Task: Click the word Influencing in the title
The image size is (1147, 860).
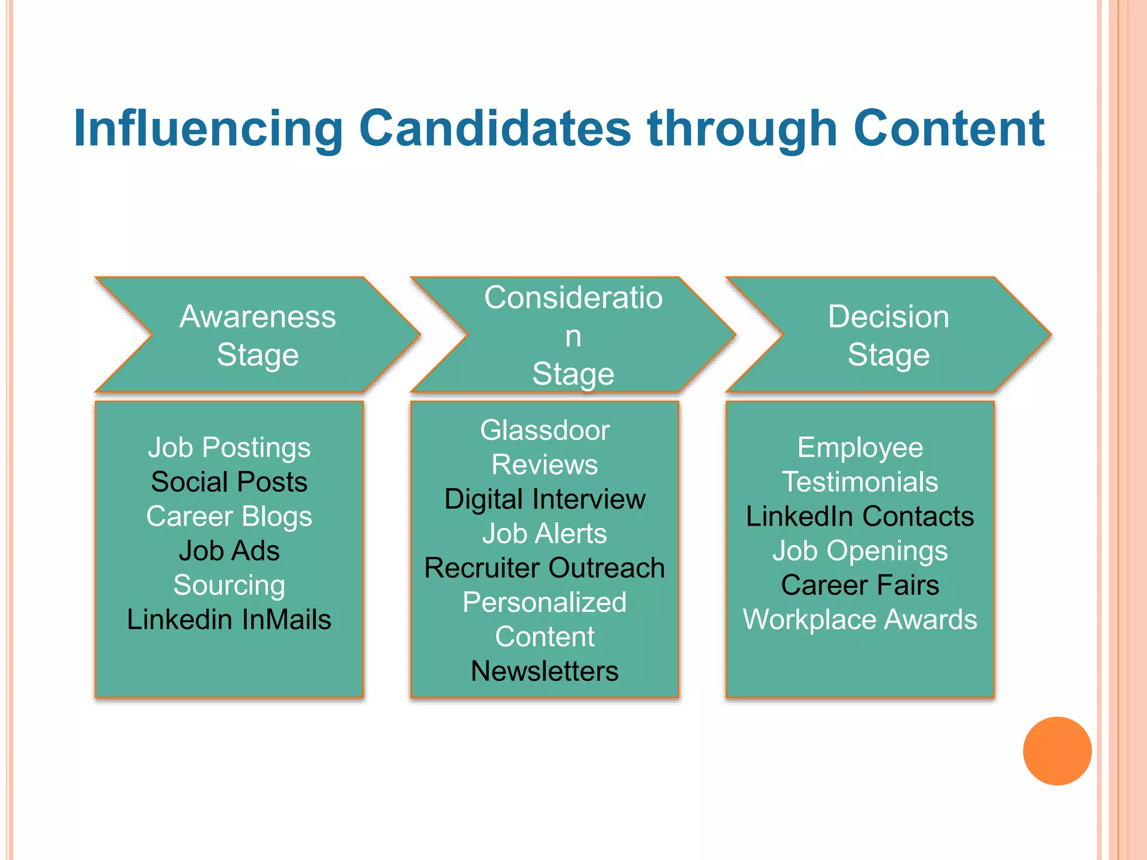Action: tap(208, 129)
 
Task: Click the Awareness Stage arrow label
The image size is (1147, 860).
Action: tap(258, 335)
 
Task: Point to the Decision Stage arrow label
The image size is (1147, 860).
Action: tap(888, 335)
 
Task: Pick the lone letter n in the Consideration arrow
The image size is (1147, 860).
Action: tap(573, 336)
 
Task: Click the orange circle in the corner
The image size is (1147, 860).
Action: tap(1057, 751)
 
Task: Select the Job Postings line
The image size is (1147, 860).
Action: tap(229, 447)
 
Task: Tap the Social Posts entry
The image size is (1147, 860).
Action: tap(229, 482)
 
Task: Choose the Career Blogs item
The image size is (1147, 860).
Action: tap(229, 516)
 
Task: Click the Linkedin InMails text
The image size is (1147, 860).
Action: tap(229, 620)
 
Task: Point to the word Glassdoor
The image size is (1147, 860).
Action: tap(544, 431)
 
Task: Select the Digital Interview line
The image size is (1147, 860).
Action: tap(544, 499)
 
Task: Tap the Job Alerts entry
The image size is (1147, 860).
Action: tap(544, 534)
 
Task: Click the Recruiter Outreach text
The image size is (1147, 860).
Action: tap(544, 568)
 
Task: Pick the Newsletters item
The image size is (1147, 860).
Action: tap(544, 671)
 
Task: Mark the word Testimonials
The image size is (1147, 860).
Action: tap(860, 482)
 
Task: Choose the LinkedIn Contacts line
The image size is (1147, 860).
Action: tap(860, 516)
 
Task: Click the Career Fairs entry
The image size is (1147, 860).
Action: tap(860, 585)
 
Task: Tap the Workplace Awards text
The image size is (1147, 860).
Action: tap(860, 620)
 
